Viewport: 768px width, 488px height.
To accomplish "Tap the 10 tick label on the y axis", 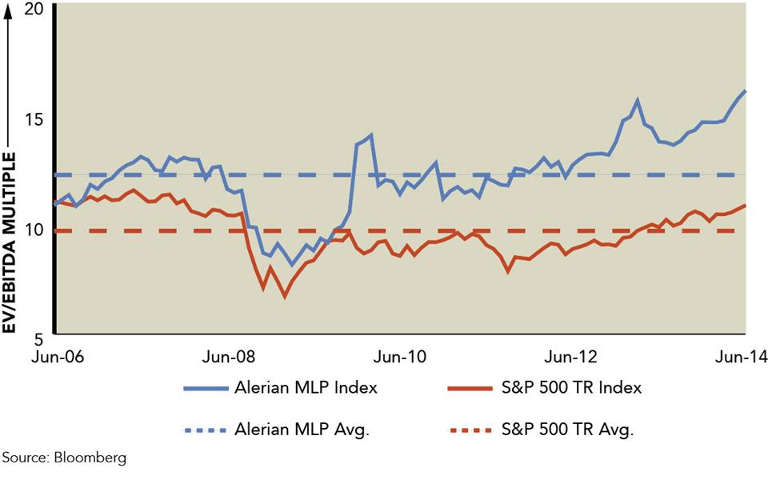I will point(36,230).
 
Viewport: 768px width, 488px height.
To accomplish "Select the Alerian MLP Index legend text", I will point(306,388).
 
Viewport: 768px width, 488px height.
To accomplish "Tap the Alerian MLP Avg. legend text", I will point(302,430).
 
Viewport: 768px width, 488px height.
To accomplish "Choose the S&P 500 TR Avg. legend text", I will point(566,430).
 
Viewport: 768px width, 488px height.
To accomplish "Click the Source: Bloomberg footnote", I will point(64,458).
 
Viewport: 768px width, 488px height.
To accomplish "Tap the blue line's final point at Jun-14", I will point(746,90).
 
